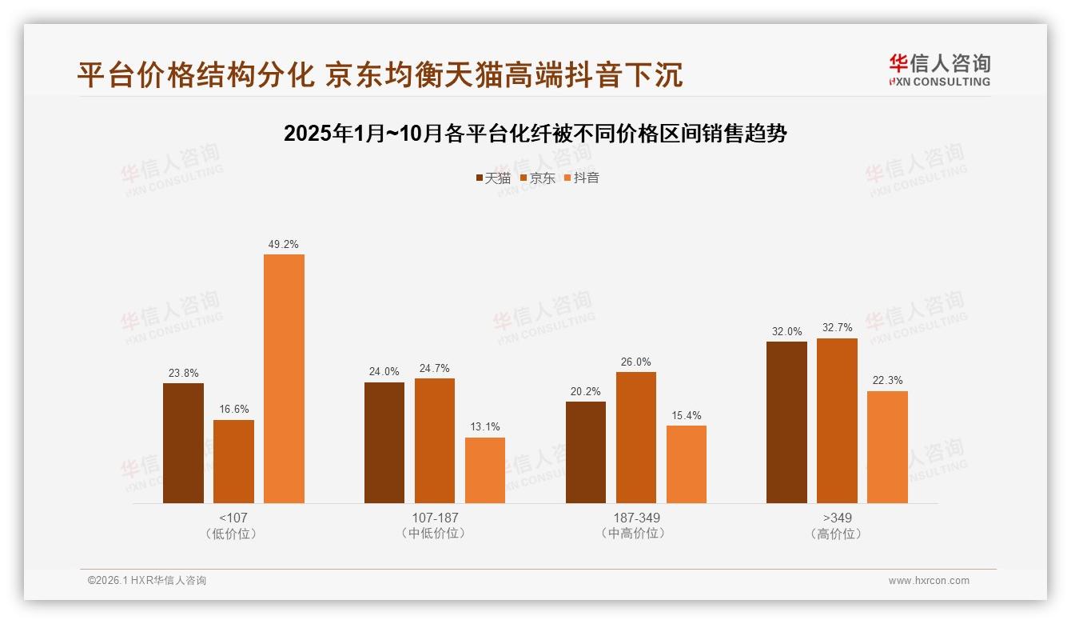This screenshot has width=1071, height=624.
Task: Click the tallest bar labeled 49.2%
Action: (x=284, y=378)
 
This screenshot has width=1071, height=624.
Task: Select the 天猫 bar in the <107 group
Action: (x=183, y=443)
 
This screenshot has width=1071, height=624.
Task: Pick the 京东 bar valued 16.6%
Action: (x=233, y=462)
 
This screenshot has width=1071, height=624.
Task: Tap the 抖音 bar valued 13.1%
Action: (x=485, y=470)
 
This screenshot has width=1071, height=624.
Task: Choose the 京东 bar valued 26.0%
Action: (x=636, y=438)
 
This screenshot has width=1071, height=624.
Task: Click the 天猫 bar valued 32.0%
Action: (x=786, y=422)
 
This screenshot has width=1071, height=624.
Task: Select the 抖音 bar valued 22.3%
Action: (x=887, y=447)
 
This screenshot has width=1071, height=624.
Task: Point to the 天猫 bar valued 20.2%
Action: (x=586, y=452)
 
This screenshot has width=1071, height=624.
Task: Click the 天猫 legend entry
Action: (x=493, y=178)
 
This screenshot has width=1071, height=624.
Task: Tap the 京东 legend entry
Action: (x=538, y=178)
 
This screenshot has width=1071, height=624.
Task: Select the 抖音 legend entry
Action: (x=582, y=178)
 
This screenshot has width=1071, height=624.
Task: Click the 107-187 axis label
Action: (x=435, y=518)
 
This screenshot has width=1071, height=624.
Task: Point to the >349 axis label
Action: (x=837, y=518)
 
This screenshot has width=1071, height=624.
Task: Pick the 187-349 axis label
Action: (x=636, y=518)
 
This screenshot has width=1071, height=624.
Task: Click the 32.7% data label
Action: (x=837, y=327)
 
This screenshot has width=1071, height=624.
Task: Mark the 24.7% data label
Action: (x=435, y=368)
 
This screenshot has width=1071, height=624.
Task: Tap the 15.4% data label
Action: (x=687, y=415)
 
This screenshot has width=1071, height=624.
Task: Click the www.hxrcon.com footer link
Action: (x=929, y=581)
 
